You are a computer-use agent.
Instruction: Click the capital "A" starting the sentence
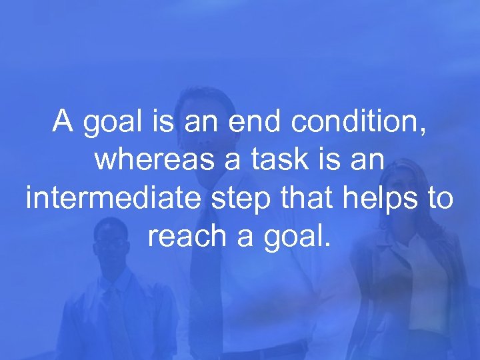point(64,122)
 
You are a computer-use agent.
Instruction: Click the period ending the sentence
point(326,245)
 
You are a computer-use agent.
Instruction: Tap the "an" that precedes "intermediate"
point(371,161)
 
